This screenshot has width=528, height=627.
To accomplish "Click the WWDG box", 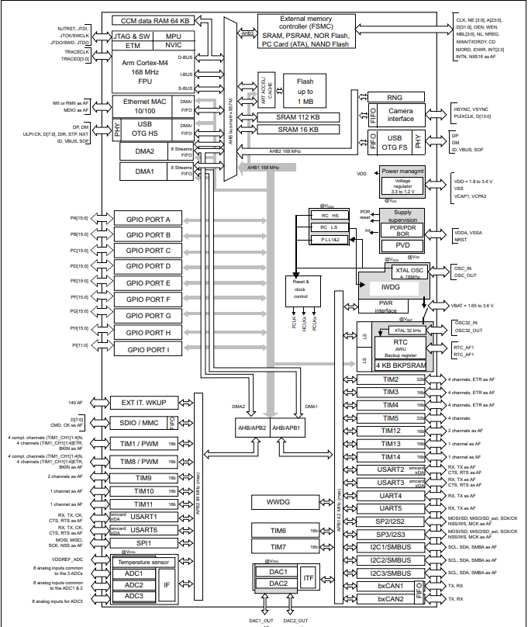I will click(x=278, y=502).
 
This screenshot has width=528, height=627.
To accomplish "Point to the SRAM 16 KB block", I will click(x=299, y=130).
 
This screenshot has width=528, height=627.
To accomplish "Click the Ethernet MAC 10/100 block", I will click(x=145, y=107).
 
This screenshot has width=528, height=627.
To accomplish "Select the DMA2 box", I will click(x=145, y=153).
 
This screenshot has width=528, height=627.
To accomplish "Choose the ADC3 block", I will click(x=134, y=595).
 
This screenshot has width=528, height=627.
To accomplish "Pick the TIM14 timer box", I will click(x=391, y=456).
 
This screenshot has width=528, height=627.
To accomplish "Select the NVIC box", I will click(x=174, y=46).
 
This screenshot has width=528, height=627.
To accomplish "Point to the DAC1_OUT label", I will click(x=260, y=620).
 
